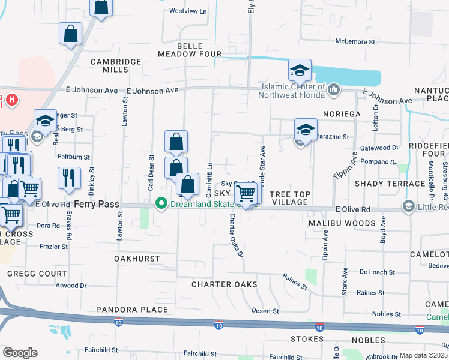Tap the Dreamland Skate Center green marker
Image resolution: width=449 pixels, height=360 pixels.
point(161,204)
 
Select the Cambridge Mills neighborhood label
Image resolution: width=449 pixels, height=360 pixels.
point(116,65)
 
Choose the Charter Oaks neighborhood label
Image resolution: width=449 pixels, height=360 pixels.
point(224,284)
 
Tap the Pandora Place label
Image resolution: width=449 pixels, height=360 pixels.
point(132,310)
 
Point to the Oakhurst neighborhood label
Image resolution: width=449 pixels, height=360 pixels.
point(137,259)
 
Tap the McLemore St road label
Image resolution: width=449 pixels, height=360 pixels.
point(355,43)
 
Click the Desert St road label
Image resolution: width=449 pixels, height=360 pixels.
point(265,311)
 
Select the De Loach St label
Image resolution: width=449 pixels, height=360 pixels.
point(376,272)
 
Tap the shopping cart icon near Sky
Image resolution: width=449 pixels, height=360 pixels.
point(246,193)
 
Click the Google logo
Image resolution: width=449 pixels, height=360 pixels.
point(20,353)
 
